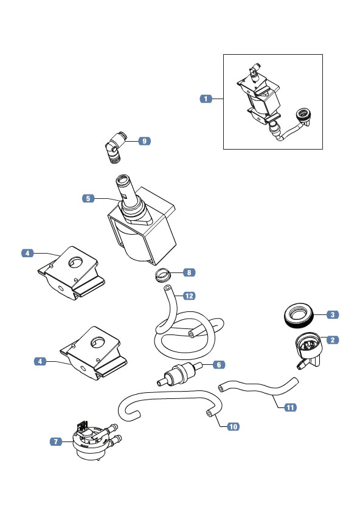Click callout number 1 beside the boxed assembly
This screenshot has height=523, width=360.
tap(206, 99)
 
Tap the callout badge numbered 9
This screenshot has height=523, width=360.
tap(145, 141)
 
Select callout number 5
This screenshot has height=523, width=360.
tap(88, 198)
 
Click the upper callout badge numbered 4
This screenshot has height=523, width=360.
tap(27, 253)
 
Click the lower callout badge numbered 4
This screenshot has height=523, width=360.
tap(40, 361)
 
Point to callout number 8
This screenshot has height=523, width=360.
tap(189, 272)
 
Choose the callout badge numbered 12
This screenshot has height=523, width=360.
tap(189, 296)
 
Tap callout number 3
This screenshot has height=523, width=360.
tap(333, 314)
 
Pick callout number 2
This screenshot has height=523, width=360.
tap(333, 340)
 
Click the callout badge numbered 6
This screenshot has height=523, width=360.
tap(219, 365)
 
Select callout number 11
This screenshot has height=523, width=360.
tap(290, 407)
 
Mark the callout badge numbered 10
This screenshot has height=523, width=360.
tap(234, 426)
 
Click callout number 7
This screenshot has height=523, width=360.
tap(56, 442)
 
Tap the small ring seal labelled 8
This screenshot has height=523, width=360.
tap(163, 275)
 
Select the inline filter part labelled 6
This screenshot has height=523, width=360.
tap(179, 373)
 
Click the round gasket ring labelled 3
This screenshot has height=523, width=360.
tap(299, 315)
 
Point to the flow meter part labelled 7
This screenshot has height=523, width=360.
tap(95, 440)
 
